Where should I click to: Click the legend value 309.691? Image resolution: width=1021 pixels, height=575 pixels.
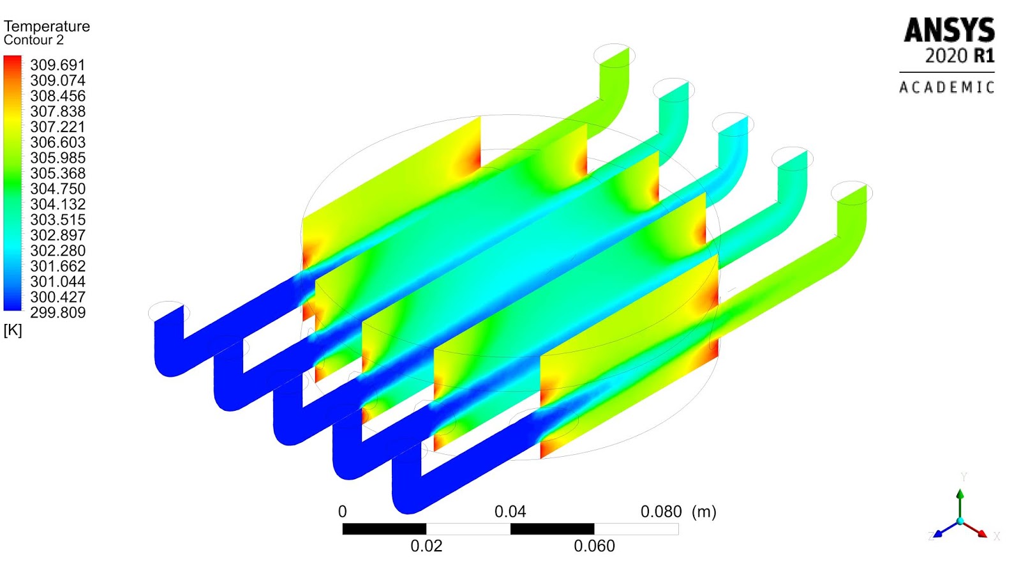[x=57, y=65]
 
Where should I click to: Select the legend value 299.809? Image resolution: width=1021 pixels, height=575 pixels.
[x=57, y=312]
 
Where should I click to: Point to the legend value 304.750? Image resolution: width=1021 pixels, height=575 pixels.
[x=57, y=188]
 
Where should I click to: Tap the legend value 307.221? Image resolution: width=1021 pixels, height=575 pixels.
[x=57, y=126]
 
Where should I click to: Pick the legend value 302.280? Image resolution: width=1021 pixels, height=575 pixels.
[x=57, y=250]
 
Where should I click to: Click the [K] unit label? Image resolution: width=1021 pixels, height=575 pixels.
[x=13, y=330]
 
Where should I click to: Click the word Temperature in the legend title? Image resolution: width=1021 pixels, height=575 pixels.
[x=47, y=26]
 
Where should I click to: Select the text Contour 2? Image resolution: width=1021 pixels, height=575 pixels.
[x=34, y=40]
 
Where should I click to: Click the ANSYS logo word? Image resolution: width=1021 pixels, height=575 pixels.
[x=949, y=31]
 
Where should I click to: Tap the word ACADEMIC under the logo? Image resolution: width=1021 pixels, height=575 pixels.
[x=947, y=87]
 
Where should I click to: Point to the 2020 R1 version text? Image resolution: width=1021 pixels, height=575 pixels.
[x=960, y=56]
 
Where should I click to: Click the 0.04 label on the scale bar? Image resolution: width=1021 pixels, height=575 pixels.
[x=510, y=512]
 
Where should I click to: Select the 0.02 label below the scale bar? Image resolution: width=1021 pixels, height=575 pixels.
[x=426, y=546]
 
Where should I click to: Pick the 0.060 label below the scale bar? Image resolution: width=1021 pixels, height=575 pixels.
[x=594, y=546]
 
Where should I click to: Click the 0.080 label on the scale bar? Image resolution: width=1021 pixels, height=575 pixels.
[x=661, y=512]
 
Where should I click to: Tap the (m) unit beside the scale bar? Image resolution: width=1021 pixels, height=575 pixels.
[x=704, y=512]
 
